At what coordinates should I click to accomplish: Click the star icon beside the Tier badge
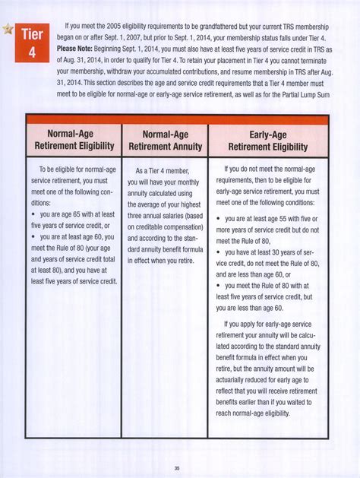8,29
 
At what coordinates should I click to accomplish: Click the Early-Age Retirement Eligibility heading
269,140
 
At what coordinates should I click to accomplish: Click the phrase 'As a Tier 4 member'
168,171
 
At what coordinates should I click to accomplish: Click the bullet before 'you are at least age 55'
221,218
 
